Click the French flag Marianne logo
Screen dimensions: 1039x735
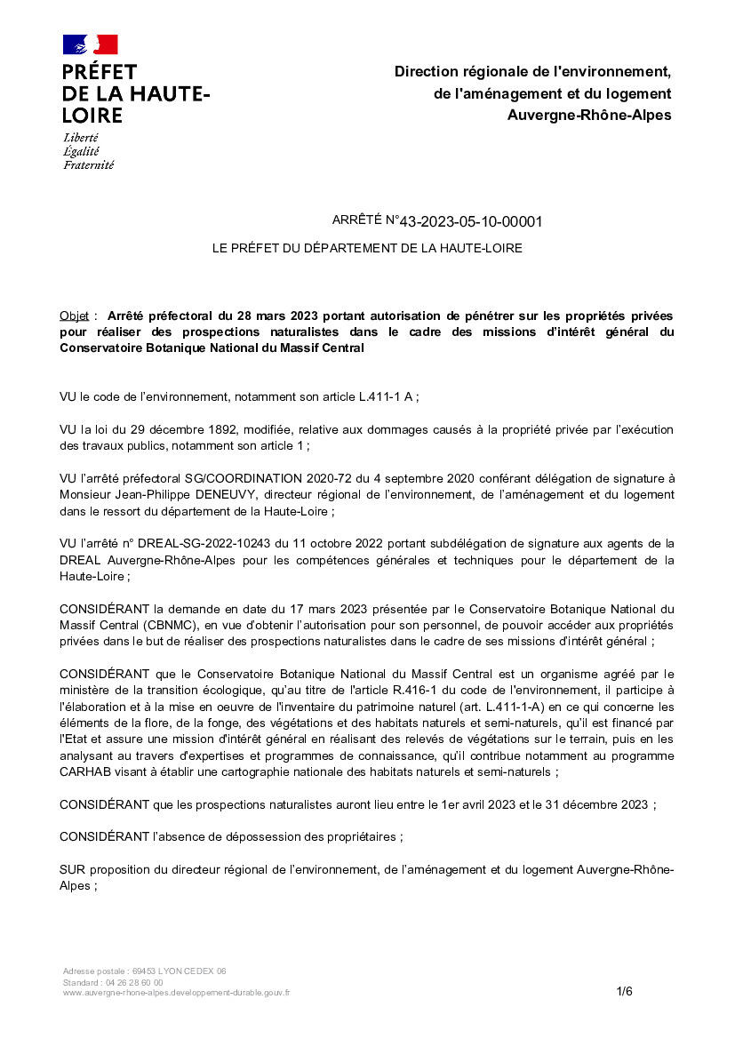90,44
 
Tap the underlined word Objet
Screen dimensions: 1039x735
75,316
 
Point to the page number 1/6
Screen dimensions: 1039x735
624,991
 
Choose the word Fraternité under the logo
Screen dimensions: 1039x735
88,164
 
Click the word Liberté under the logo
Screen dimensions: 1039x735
81,138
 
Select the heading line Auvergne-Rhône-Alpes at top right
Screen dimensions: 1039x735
589,115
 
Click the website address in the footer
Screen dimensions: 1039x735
176,992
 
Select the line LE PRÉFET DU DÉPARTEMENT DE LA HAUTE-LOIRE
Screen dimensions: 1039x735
366,248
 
